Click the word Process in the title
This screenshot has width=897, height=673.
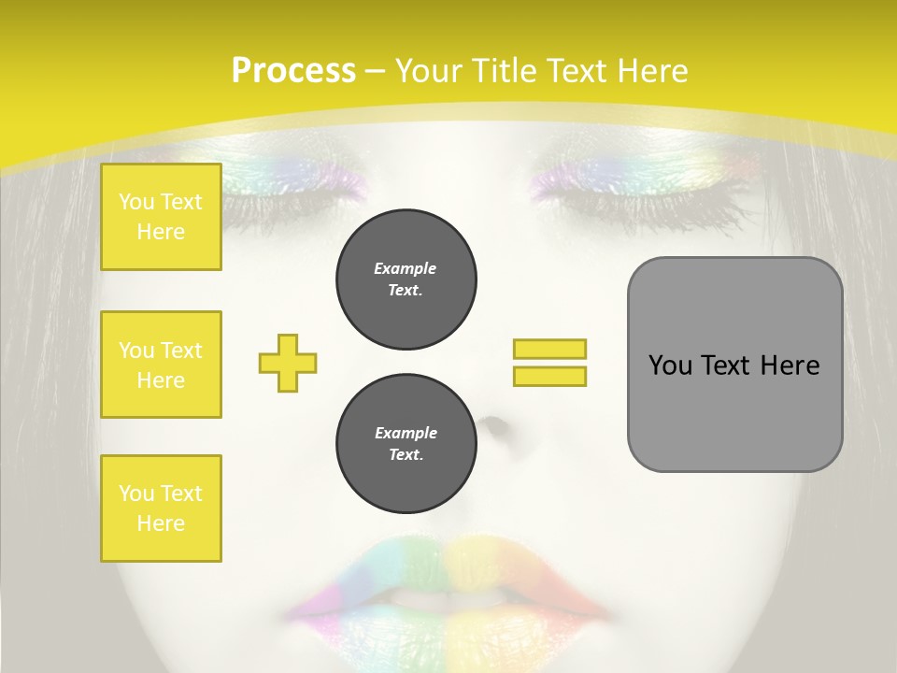(293, 71)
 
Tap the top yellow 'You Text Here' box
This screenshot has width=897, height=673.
(161, 217)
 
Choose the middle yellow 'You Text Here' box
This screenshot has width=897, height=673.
(161, 365)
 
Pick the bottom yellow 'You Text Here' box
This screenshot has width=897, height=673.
(161, 508)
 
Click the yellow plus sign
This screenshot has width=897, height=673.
(288, 363)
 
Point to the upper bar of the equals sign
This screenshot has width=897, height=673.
(549, 349)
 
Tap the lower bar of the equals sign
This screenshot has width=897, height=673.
(549, 376)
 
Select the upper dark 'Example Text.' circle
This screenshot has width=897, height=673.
(406, 279)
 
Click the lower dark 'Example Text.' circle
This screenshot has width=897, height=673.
(406, 444)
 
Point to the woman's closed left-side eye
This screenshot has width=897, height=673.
(299, 187)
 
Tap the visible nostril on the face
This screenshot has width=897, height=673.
(494, 427)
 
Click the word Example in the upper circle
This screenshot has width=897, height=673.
(406, 268)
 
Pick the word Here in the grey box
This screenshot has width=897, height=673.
(790, 365)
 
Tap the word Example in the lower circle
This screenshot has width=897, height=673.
(406, 433)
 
